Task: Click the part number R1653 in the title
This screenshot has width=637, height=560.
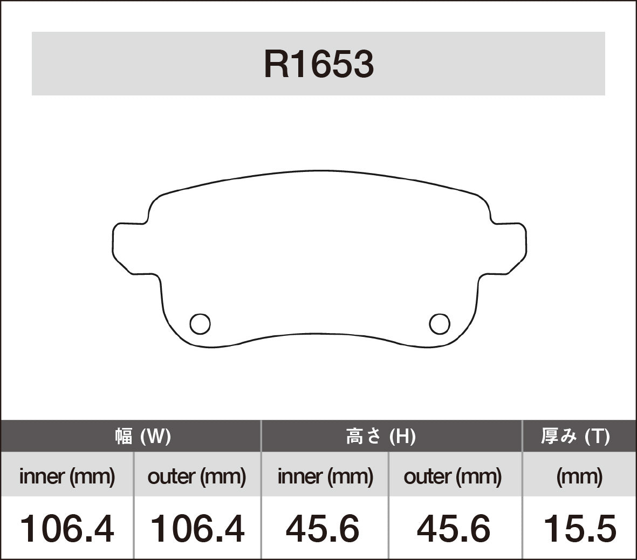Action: click(318, 65)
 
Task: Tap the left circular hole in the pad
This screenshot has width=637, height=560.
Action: click(200, 323)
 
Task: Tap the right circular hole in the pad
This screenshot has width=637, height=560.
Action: click(439, 323)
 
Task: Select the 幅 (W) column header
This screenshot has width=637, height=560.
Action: click(142, 436)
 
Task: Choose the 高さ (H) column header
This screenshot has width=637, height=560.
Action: click(380, 436)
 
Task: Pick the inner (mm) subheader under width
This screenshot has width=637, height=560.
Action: click(67, 476)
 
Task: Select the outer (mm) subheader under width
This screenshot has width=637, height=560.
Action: click(197, 476)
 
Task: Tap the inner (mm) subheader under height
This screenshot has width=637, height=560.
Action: click(325, 476)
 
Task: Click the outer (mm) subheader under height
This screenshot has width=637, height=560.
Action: click(453, 476)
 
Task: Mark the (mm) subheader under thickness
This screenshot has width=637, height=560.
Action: click(579, 476)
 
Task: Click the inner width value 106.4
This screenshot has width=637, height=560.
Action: click(67, 528)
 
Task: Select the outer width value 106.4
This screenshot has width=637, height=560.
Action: click(197, 528)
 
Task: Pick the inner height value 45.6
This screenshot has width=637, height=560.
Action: click(323, 528)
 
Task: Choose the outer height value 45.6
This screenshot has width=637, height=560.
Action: click(454, 528)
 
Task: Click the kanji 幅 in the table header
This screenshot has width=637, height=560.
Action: click(124, 436)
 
